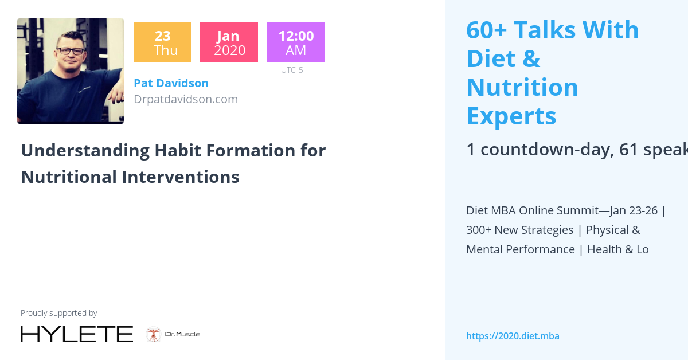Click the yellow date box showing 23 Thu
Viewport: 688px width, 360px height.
click(162, 42)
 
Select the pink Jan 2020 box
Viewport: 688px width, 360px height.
click(229, 42)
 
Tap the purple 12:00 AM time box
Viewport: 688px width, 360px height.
click(295, 42)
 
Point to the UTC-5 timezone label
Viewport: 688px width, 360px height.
click(292, 70)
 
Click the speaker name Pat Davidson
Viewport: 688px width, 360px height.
click(171, 83)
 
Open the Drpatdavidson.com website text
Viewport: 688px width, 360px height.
click(186, 99)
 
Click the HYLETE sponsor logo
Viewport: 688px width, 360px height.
click(77, 334)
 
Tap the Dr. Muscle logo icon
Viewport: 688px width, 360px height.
click(153, 334)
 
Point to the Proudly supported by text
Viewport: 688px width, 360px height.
click(58, 313)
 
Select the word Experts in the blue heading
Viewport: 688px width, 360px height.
click(511, 116)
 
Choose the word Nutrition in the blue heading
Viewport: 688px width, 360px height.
click(522, 87)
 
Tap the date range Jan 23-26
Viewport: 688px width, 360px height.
click(634, 210)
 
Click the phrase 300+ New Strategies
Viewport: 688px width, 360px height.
click(519, 230)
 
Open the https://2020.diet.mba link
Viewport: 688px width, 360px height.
click(513, 336)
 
